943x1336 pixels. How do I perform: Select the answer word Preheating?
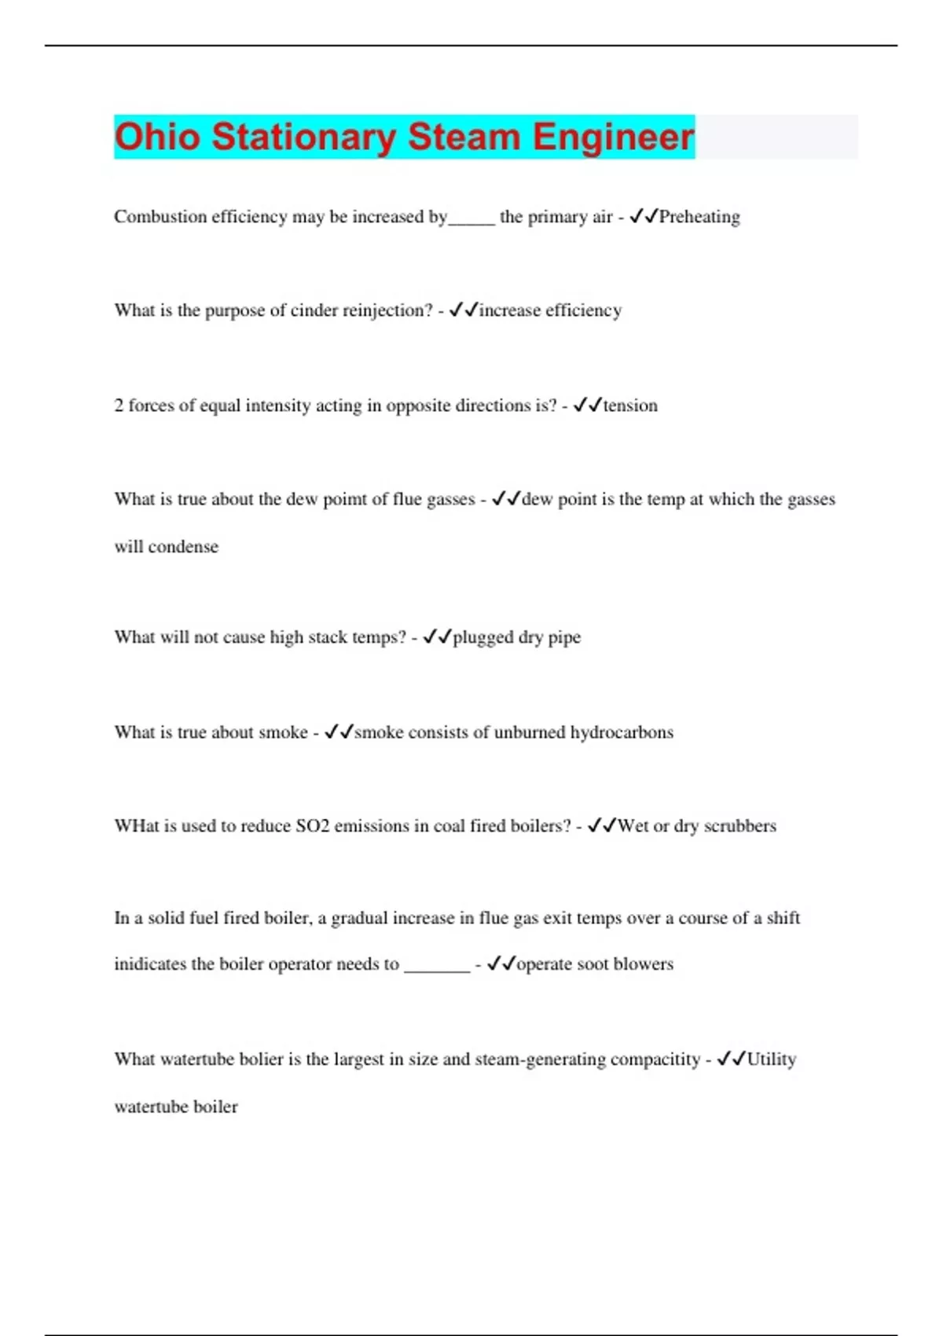pos(699,217)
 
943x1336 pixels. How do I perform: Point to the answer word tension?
pos(630,406)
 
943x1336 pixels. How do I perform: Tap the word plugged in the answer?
pos(483,637)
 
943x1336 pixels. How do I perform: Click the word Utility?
pos(771,1059)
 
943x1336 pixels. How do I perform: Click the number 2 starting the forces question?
pos(119,406)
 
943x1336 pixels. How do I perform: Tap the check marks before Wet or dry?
pos(602,825)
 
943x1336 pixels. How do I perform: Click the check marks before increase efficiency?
pos(464,310)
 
